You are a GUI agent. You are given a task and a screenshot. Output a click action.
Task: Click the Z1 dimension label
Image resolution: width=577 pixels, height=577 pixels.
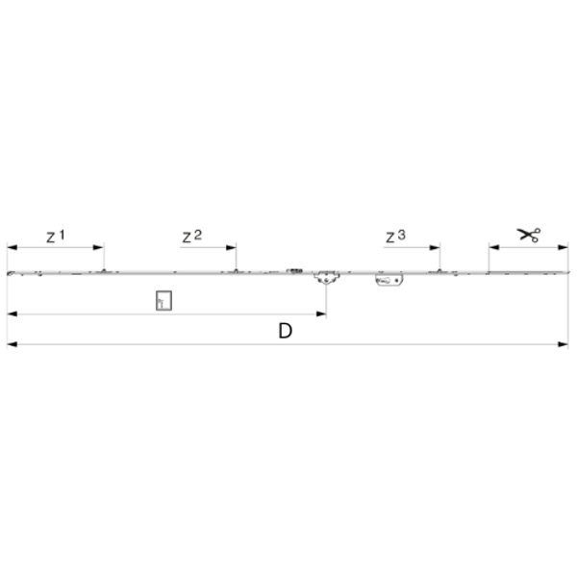click(x=55, y=237)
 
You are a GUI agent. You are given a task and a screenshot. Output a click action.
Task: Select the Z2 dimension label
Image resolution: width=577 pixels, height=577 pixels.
click(x=192, y=237)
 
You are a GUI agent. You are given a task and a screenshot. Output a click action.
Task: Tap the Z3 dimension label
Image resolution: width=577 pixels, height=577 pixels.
click(x=395, y=237)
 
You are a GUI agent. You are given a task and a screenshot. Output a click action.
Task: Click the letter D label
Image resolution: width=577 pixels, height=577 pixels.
click(x=286, y=331)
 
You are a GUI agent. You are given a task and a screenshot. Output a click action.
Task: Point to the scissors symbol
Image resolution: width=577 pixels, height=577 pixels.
click(x=528, y=235)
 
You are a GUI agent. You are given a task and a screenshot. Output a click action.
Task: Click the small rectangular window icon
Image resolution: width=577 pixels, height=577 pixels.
click(x=163, y=300)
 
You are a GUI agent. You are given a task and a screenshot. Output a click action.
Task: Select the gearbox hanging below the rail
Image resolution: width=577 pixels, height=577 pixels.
click(x=326, y=278)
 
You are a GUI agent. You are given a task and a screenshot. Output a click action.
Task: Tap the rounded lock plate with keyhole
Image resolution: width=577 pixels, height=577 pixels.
click(x=389, y=280)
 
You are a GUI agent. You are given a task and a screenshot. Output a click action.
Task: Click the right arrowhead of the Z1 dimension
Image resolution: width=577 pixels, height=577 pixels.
click(x=98, y=247)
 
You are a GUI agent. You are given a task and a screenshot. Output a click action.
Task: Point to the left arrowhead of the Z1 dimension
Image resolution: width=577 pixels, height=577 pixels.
click(x=13, y=247)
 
